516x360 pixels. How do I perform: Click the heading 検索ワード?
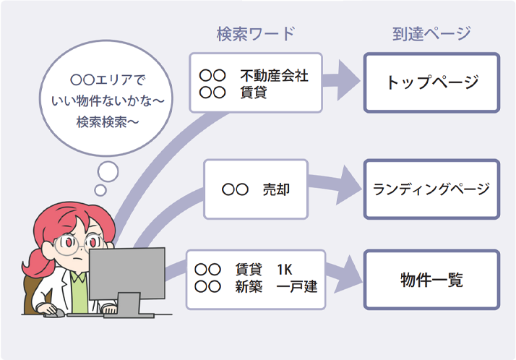[254, 33]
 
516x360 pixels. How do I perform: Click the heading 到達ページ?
[431, 33]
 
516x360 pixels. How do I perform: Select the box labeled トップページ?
[431, 82]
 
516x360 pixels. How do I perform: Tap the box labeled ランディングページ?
[431, 189]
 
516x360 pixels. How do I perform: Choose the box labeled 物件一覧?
[431, 280]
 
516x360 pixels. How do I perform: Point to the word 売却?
[275, 190]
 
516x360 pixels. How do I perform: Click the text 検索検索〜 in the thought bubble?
[106, 122]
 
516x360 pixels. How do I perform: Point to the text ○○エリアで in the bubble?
[106, 79]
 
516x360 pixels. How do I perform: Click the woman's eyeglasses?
[70, 244]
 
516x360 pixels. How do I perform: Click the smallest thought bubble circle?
[100, 190]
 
